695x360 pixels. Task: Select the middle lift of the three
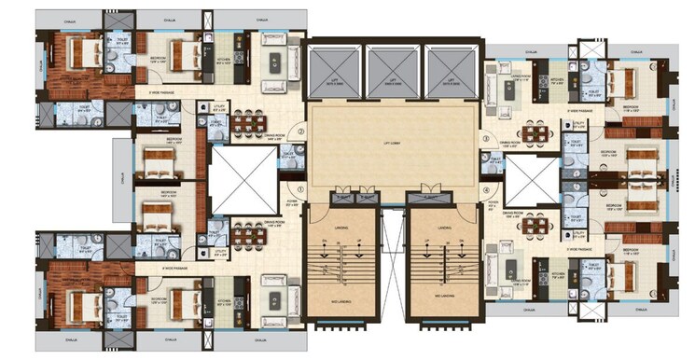394,70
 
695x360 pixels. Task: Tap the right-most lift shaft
452,70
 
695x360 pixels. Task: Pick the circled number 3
486,139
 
